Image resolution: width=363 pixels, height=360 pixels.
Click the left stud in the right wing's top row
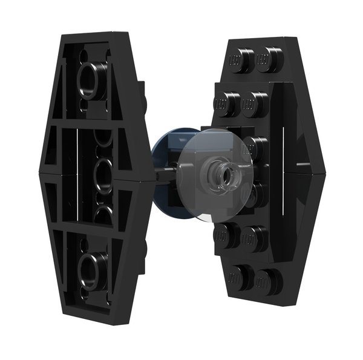[x=238, y=59]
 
